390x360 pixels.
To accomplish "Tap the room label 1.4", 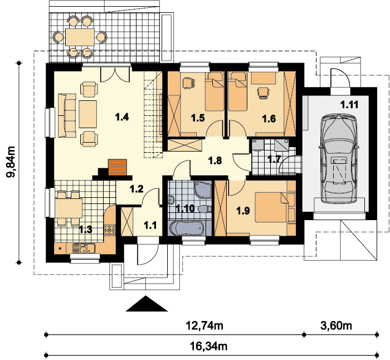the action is tap(122, 116).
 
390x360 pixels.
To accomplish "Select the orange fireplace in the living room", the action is tap(117, 167).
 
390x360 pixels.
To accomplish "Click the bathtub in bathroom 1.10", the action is tap(187, 227).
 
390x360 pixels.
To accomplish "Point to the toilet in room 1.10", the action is tap(204, 209).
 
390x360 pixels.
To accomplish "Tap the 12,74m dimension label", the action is tap(204, 325).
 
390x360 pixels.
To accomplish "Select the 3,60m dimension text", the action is tap(336, 325).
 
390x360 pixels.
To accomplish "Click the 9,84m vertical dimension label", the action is tap(11, 162).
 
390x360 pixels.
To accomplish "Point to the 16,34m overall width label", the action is tap(209, 346).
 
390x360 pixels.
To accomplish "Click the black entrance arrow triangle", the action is tap(147, 304).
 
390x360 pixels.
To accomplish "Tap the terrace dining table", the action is tap(80, 37).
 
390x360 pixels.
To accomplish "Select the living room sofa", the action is tap(67, 115).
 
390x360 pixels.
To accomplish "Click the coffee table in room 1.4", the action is tap(88, 114).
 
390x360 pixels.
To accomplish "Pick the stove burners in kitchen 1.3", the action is tap(109, 230).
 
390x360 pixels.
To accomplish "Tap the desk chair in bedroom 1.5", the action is tap(188, 83).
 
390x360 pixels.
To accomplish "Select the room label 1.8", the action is tap(215, 160).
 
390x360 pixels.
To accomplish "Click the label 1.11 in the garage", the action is tap(349, 105).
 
